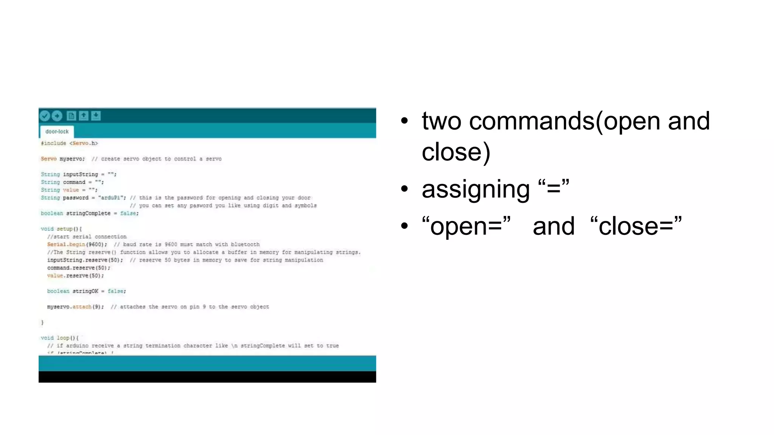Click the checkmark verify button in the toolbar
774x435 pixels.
pos(45,116)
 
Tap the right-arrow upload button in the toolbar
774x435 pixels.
pos(57,116)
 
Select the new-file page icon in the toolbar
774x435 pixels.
pos(71,116)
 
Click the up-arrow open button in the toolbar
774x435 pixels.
pos(84,116)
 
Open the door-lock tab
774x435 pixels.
pos(57,131)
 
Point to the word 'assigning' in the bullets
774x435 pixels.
pos(475,189)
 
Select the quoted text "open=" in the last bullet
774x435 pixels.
pos(466,226)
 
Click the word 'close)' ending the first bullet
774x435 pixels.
pos(456,152)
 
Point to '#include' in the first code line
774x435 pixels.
pos(53,143)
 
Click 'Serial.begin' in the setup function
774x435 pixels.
pos(67,244)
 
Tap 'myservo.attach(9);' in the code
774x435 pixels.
pos(75,307)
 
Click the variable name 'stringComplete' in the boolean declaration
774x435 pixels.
pos(88,213)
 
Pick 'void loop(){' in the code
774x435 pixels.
pos(59,338)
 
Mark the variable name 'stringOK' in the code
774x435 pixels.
pos(85,291)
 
